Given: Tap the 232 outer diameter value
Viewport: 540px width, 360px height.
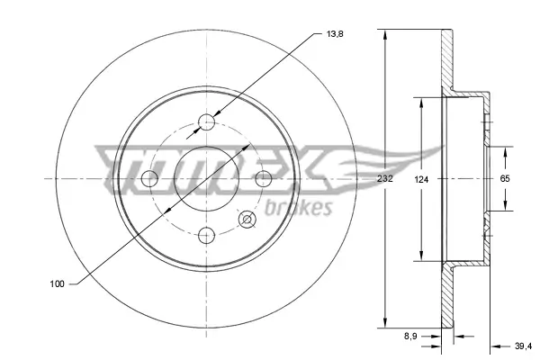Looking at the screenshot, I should click(384, 179).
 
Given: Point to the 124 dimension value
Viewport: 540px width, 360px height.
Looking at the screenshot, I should click(421, 179).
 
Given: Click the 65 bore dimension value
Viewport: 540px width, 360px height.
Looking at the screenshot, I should click(505, 179).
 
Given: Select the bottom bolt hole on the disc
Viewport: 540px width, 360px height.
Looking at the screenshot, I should click(207, 236).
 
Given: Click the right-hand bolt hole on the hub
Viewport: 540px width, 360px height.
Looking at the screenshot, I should click(265, 178).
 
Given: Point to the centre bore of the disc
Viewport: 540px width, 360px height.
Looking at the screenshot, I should click(207, 178).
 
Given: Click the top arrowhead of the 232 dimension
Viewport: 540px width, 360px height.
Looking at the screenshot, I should click(384, 35).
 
